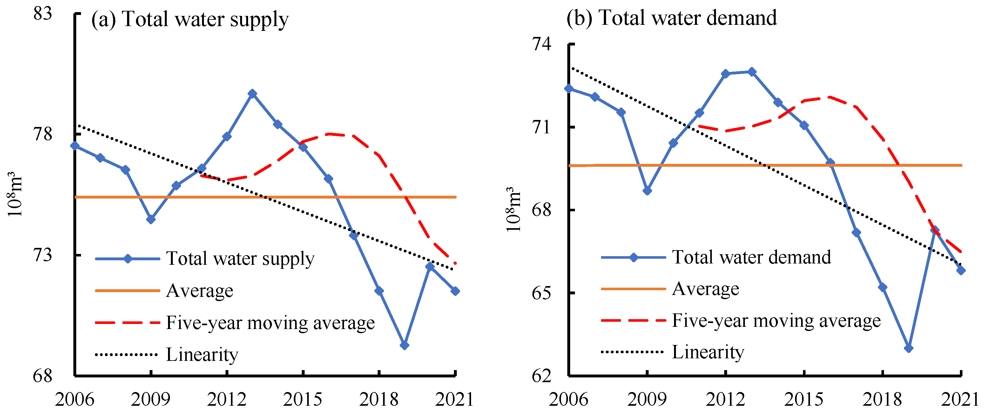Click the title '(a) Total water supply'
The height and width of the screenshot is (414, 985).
pyautogui.click(x=190, y=19)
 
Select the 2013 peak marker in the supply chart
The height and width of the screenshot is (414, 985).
pyautogui.click(x=252, y=94)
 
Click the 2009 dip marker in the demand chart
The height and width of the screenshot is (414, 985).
pyautogui.click(x=647, y=191)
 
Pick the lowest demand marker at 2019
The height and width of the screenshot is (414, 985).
pyautogui.click(x=909, y=348)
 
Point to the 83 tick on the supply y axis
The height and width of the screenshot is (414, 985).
pyautogui.click(x=42, y=14)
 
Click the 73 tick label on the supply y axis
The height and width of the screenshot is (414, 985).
pyautogui.click(x=42, y=255)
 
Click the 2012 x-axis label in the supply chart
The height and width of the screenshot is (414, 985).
pyautogui.click(x=226, y=399)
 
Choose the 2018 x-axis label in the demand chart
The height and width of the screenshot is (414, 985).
pyautogui.click(x=882, y=399)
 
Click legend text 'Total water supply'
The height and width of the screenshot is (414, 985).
pyautogui.click(x=240, y=259)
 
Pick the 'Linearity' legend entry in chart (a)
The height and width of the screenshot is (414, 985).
pyautogui.click(x=202, y=354)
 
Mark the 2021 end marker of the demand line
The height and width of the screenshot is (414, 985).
pyautogui.click(x=961, y=270)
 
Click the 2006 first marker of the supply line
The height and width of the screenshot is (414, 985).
pyautogui.click(x=75, y=145)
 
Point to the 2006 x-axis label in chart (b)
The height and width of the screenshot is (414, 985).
pyautogui.click(x=569, y=399)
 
